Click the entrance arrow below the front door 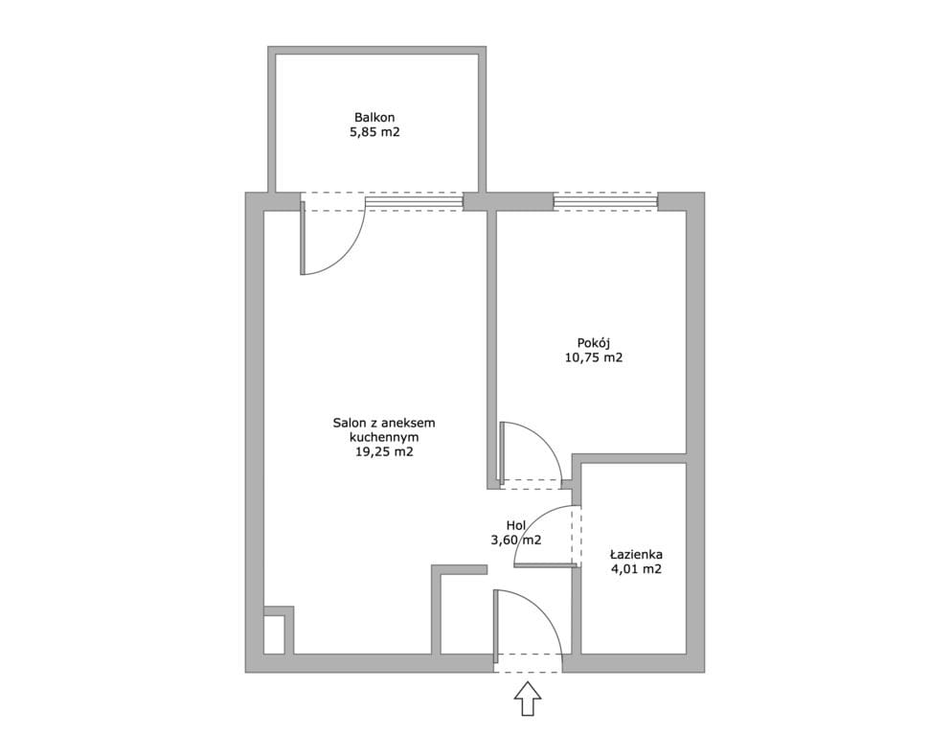(x=528, y=699)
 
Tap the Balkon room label (x=374, y=117)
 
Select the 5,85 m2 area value (x=374, y=132)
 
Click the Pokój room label (x=594, y=343)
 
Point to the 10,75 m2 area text (x=594, y=358)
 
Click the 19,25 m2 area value (x=384, y=451)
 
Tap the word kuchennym (x=384, y=437)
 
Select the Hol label (x=515, y=525)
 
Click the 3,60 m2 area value (x=515, y=540)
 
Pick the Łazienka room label (x=636, y=554)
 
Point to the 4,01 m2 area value (x=636, y=569)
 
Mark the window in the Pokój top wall (x=605, y=201)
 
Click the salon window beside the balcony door (x=414, y=201)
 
